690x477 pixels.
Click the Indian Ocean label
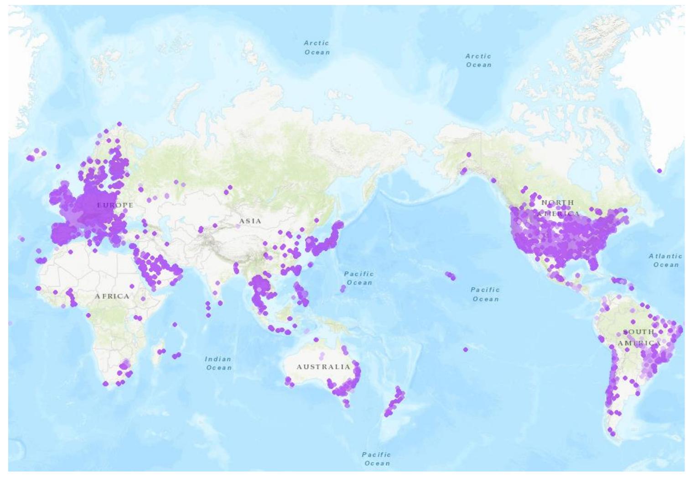(218, 363)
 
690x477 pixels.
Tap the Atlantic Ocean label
(665, 260)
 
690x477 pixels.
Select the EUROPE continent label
(115, 205)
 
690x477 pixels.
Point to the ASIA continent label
(250, 221)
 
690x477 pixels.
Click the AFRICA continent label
(112, 296)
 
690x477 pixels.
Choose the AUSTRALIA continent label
(323, 367)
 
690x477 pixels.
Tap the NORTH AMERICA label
(558, 208)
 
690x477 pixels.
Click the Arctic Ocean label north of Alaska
(478, 61)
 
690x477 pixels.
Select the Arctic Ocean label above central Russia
(316, 47)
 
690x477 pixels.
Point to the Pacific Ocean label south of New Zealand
(376, 459)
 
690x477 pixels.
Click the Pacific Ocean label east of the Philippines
(359, 278)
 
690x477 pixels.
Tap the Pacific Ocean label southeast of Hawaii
(485, 294)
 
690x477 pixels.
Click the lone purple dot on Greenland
(659, 171)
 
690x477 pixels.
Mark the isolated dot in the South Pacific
(465, 350)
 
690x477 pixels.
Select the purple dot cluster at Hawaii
(450, 276)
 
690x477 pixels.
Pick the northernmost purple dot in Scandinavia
(119, 124)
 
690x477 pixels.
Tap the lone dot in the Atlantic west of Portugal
(21, 238)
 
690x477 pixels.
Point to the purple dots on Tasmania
(346, 404)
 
